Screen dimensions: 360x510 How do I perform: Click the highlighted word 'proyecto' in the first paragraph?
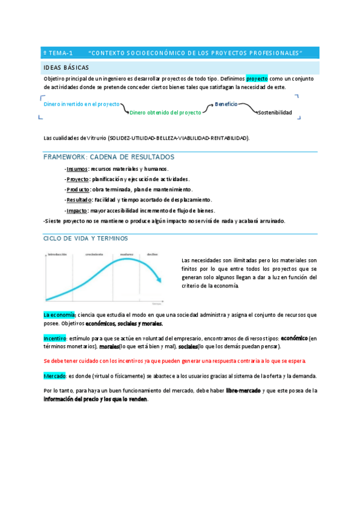[x=257, y=78]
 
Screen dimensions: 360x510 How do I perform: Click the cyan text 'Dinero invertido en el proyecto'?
[x=82, y=103]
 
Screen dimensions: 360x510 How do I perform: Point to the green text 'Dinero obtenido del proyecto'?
[x=165, y=112]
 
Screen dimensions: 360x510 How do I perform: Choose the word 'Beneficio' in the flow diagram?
[x=226, y=104]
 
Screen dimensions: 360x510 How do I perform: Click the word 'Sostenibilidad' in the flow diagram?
[x=275, y=112]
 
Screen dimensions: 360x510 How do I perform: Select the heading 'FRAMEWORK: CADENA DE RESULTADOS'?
[x=109, y=157]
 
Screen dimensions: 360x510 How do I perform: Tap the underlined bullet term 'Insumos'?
[x=77, y=169]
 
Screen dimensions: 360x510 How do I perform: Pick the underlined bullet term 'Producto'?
[x=78, y=189]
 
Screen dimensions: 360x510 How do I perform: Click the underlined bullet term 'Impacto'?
[x=77, y=210]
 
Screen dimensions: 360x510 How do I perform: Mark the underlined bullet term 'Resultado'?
[x=79, y=200]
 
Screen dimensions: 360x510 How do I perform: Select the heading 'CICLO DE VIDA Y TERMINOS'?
[x=85, y=239]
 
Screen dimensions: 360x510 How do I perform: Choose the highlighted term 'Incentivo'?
[x=55, y=338]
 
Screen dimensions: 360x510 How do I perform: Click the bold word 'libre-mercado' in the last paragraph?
[x=243, y=391]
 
